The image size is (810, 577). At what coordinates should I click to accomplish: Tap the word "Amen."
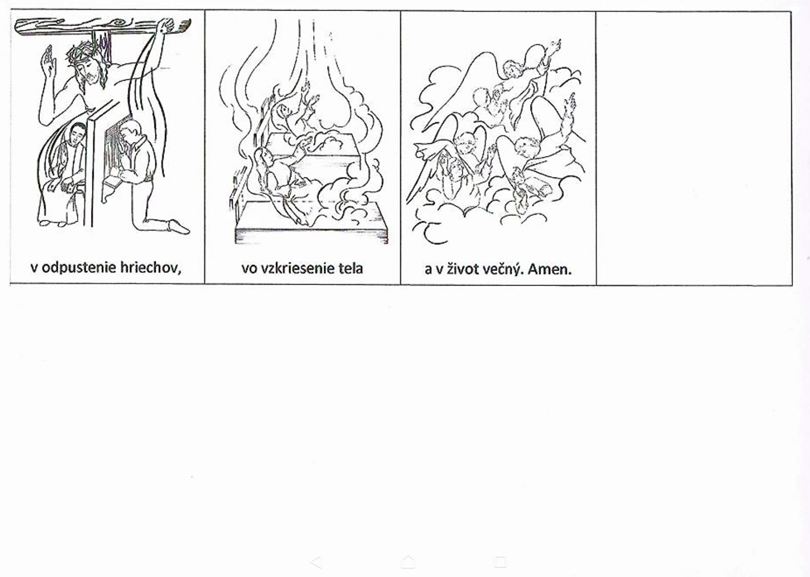pos(550,269)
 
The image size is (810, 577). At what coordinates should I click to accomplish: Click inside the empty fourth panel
pos(694,148)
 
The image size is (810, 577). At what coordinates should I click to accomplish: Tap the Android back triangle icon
pos(316,562)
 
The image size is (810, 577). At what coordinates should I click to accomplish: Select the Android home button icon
pos(408,562)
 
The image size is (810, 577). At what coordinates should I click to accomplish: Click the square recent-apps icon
pos(500,562)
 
